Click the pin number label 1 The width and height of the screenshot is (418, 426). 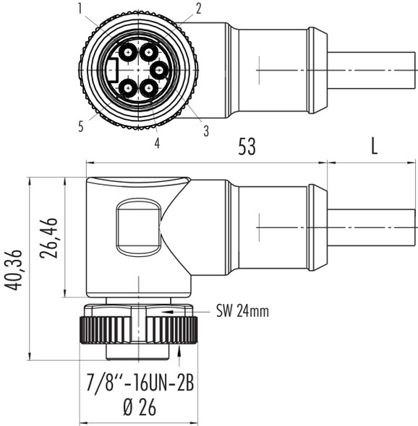82,8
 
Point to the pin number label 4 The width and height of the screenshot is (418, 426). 157,143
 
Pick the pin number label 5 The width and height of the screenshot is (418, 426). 82,126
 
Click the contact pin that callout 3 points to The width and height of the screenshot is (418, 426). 159,70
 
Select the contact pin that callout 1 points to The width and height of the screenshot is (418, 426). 128,51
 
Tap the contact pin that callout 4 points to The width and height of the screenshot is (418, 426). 149,88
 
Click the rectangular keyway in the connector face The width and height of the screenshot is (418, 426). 112,70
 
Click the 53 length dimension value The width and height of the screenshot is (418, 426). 247,147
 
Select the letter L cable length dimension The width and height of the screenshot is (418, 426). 373,147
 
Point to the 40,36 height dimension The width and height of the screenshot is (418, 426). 13,270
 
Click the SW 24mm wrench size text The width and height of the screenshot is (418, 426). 242,312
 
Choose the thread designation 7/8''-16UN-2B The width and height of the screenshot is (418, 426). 137,383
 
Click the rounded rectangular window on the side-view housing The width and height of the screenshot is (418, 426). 138,227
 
